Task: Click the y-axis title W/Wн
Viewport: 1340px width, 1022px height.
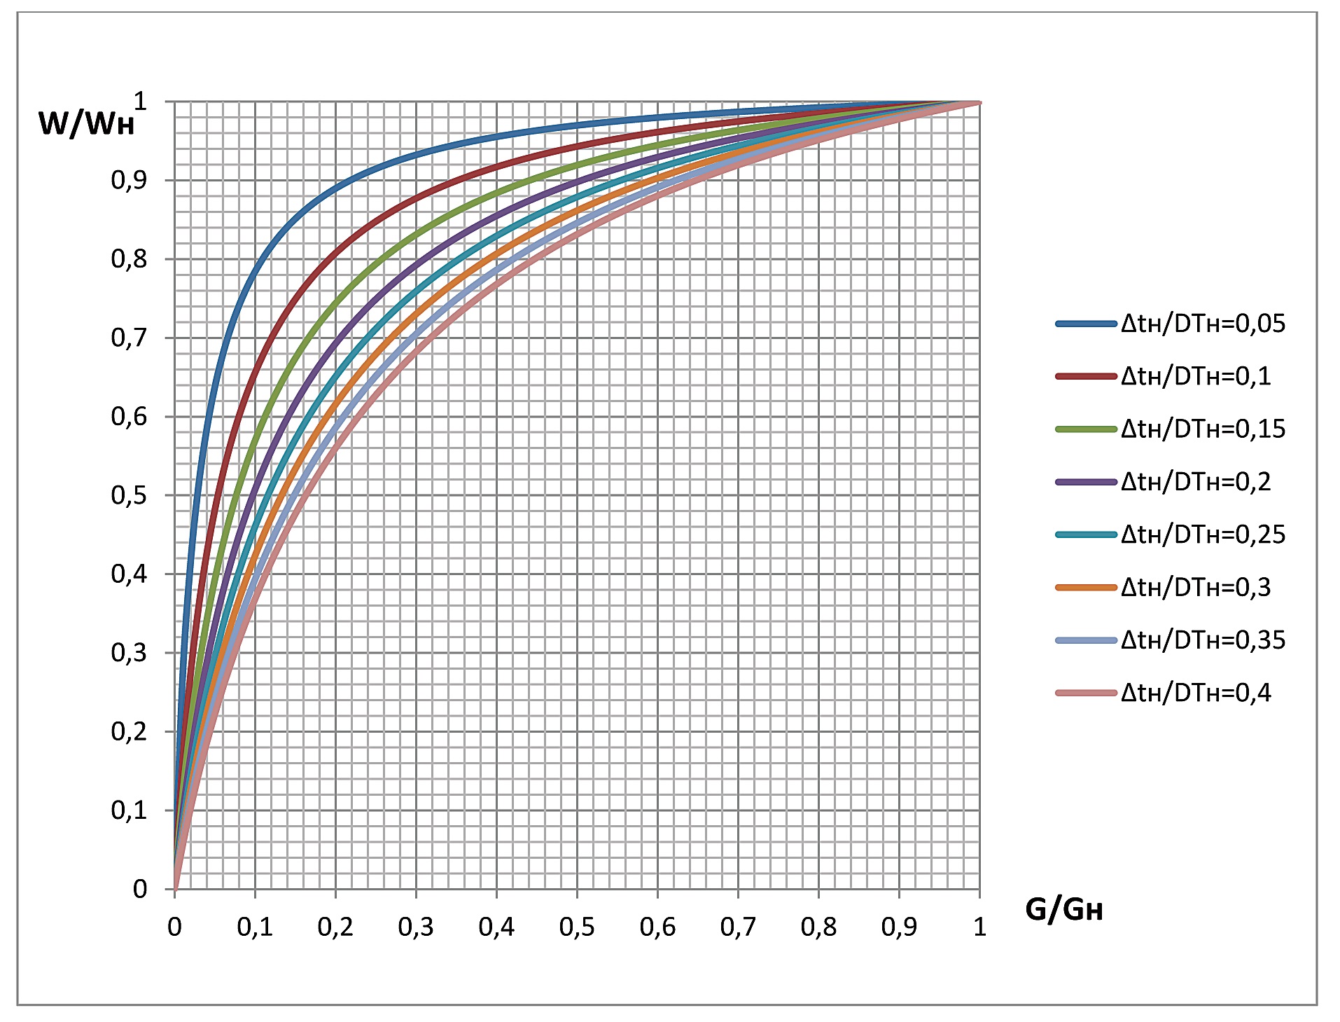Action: click(86, 124)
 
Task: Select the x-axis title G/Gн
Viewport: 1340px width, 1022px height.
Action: click(1063, 910)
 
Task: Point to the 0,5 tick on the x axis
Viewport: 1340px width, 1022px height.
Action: click(577, 927)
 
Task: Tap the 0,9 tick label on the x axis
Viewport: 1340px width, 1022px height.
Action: click(899, 927)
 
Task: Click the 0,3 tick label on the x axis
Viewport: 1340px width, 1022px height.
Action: click(416, 927)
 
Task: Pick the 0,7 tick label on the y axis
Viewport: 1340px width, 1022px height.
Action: click(129, 338)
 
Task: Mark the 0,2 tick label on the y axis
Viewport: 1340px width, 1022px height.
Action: click(129, 732)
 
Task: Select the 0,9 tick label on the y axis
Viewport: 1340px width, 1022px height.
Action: click(129, 181)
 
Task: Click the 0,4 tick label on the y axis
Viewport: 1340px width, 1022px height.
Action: click(129, 574)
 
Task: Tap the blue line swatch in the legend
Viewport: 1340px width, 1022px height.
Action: click(1086, 324)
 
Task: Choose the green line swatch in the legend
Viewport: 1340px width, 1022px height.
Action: click(1086, 429)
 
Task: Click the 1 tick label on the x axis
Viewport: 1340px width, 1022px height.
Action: click(979, 927)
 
